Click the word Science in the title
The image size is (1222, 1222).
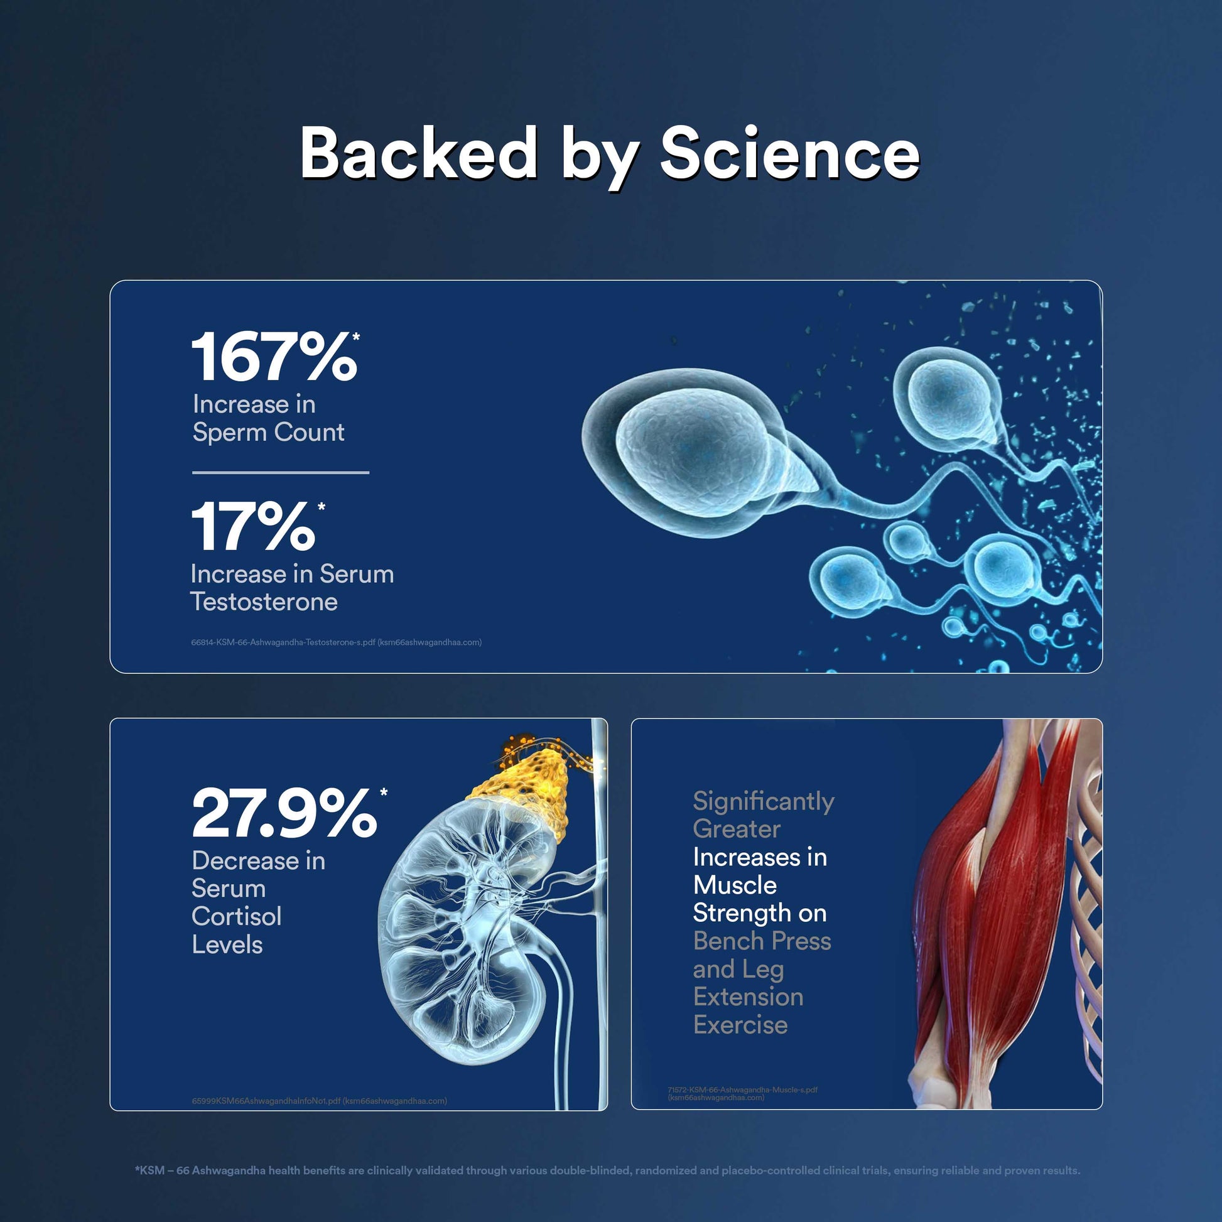[789, 153]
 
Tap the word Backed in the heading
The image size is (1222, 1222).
[419, 152]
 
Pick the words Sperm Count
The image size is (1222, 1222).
[268, 432]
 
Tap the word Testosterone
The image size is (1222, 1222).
[264, 602]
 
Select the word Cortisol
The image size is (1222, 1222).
[237, 916]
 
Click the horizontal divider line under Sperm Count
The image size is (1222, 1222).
[280, 472]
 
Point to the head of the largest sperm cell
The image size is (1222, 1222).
[686, 452]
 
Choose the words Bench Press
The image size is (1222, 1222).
[762, 941]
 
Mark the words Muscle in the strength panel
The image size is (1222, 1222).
[734, 885]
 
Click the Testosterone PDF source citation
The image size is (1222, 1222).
[336, 642]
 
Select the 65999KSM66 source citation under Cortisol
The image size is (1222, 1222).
[320, 1101]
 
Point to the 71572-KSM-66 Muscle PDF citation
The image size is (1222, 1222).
[742, 1094]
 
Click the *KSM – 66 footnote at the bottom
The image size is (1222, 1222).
[607, 1170]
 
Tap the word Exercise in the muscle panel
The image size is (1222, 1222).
[740, 1025]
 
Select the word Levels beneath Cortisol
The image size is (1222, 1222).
[227, 944]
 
